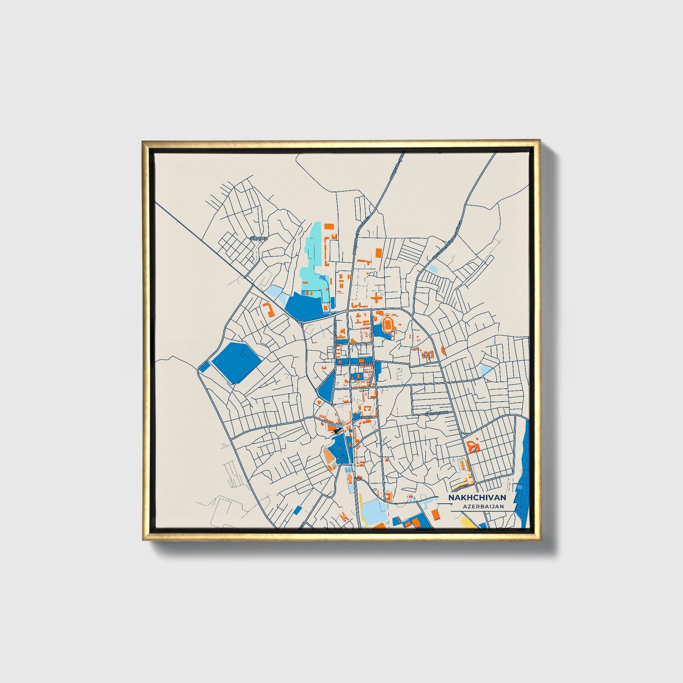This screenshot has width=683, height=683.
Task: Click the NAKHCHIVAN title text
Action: point(477,498)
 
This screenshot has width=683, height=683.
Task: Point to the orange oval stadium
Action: point(388,325)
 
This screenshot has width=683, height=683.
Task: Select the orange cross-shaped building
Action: point(376,298)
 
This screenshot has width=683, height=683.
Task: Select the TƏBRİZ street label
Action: point(366,418)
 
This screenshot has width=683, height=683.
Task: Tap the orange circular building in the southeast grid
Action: point(473,446)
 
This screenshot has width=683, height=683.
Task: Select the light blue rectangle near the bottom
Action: point(373,509)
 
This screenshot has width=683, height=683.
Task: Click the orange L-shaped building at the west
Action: point(268,310)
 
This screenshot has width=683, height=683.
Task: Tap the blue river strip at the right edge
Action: point(524,477)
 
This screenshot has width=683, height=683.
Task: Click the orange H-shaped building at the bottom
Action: point(345,517)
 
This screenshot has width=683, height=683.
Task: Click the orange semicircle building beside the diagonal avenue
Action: point(443,350)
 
